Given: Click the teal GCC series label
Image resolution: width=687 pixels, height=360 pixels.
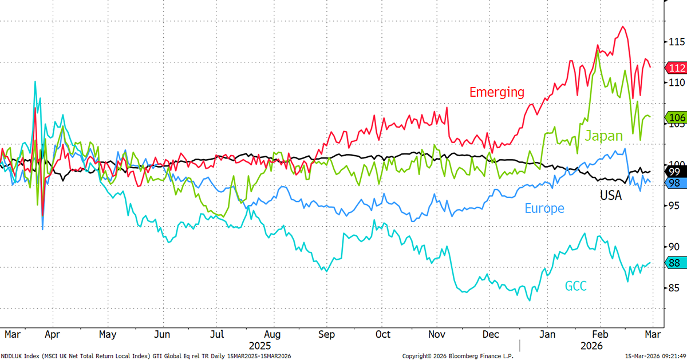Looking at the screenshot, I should (575, 286).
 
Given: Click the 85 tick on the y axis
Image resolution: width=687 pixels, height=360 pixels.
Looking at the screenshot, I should (676, 288).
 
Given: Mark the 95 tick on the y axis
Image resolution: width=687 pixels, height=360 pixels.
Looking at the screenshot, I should (676, 205).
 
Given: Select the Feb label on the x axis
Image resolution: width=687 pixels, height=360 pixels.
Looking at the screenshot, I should (599, 334).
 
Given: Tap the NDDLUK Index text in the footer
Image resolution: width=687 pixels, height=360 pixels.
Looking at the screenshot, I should (20, 356).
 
